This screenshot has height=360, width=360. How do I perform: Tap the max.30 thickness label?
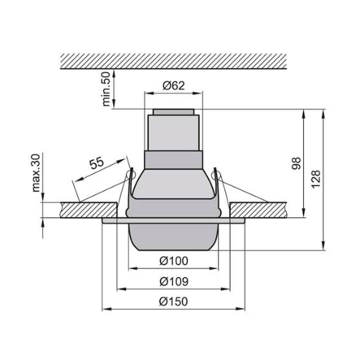(37, 171)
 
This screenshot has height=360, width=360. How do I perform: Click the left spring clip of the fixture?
(128, 187)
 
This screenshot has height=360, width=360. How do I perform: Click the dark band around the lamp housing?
(173, 159)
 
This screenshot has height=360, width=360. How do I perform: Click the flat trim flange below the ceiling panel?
(114, 219)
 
